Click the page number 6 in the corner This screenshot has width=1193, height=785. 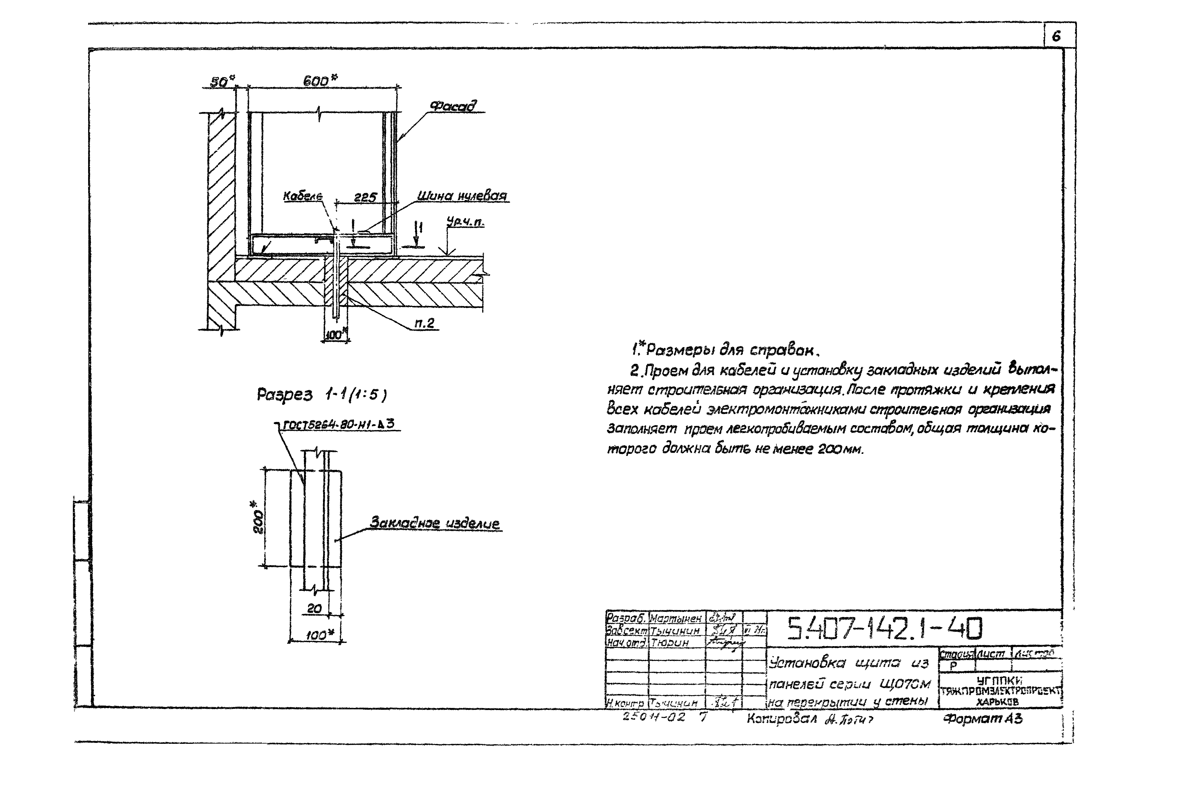coord(1056,37)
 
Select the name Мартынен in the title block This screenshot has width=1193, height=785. coord(675,619)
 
